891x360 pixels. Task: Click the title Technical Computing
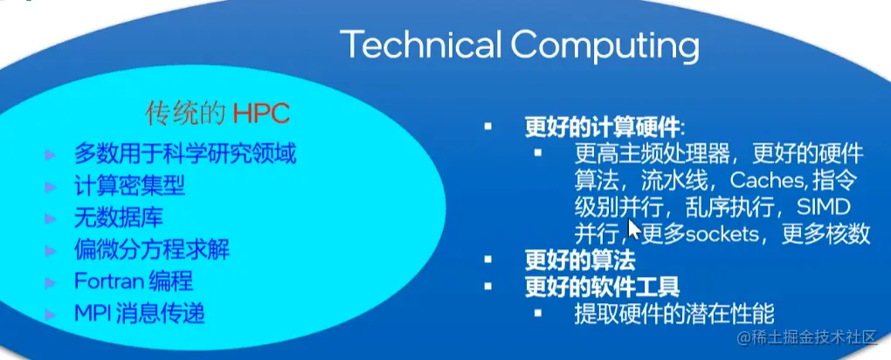click(519, 45)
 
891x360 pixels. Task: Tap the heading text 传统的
click(186, 113)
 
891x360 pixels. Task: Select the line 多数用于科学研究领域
click(185, 156)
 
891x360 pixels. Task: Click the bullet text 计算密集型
click(129, 187)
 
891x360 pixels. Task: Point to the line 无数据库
click(118, 218)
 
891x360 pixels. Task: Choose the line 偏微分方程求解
click(152, 250)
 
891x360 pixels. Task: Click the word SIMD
click(823, 207)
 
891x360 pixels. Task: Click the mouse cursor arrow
click(635, 229)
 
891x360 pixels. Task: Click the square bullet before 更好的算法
click(489, 260)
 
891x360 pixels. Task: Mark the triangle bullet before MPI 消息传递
click(51, 313)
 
